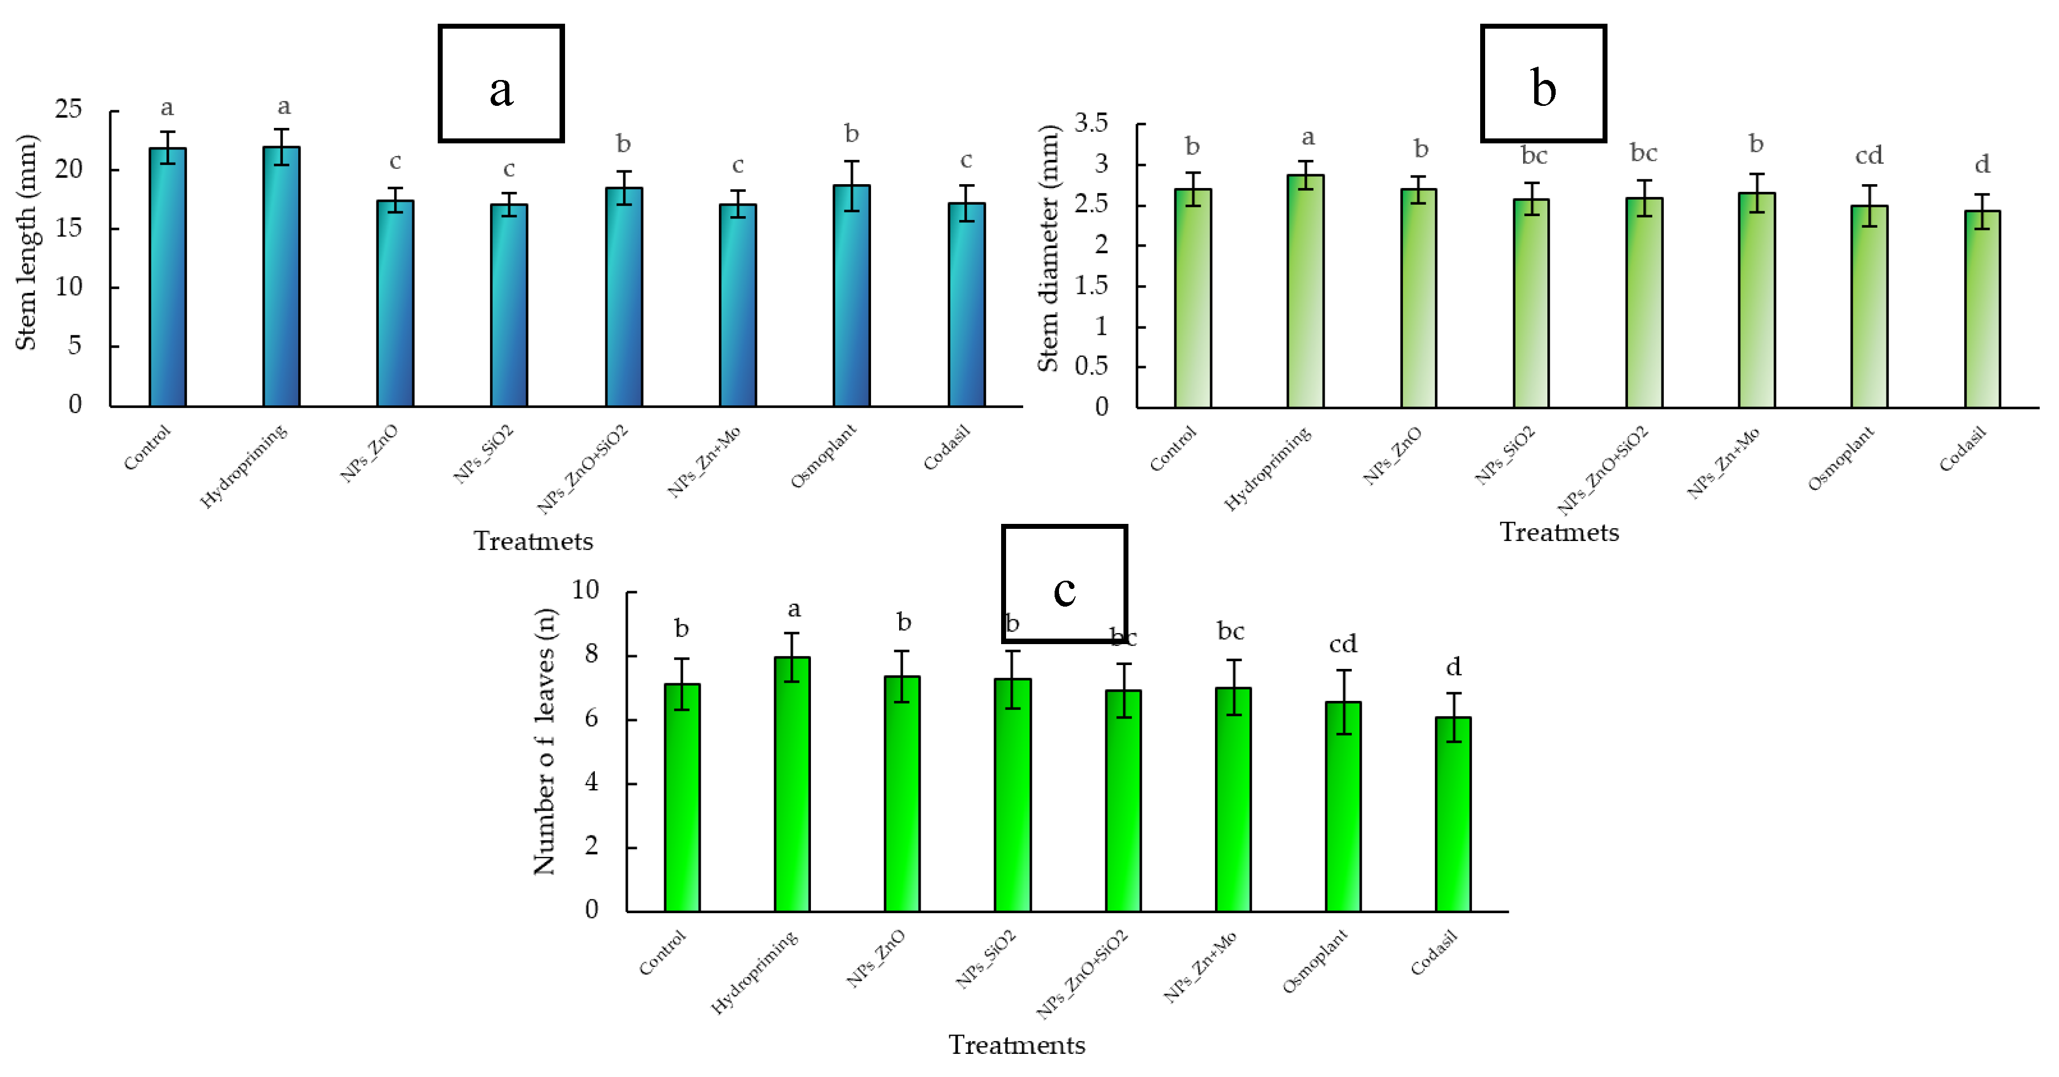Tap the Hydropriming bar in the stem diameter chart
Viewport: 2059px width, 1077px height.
coord(1305,291)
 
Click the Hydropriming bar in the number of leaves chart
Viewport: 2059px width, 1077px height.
coord(792,784)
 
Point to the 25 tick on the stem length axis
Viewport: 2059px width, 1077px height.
coord(69,110)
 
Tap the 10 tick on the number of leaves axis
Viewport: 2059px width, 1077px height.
coord(585,590)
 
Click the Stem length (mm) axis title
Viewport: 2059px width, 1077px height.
coord(26,242)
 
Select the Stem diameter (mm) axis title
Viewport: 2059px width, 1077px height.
coord(1048,248)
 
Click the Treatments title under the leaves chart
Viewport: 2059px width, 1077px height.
coord(1016,1045)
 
